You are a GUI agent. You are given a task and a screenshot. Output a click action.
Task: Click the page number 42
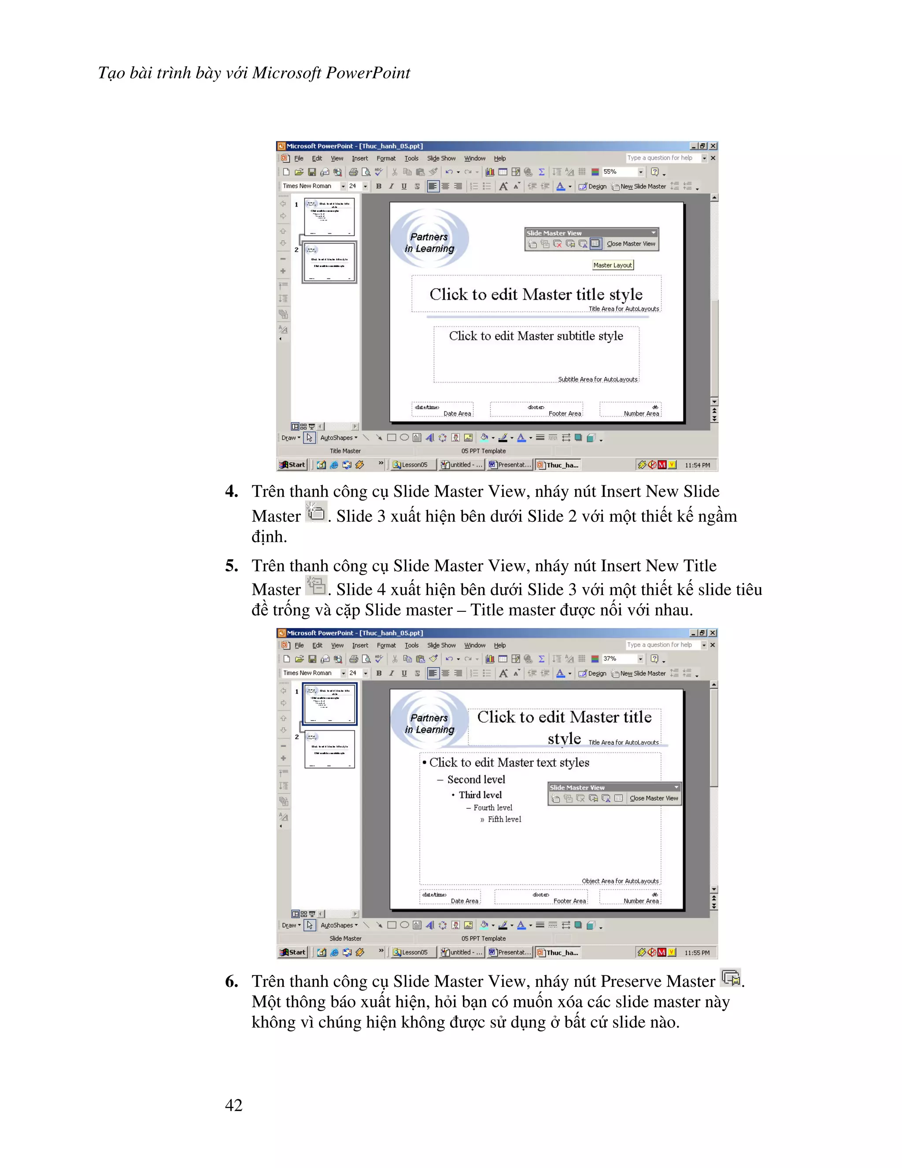[233, 1105]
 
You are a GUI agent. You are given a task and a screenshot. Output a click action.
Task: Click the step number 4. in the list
[231, 491]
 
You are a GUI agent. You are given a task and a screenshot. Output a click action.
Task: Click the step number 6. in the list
[231, 981]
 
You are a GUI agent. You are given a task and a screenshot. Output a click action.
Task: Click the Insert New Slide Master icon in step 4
[316, 512]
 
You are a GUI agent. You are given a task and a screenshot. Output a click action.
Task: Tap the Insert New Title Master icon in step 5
[316, 586]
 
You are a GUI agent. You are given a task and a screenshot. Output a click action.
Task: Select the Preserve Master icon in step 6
[731, 978]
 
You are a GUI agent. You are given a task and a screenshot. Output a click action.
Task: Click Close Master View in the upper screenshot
[631, 244]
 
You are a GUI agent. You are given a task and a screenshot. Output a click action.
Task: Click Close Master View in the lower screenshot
[654, 799]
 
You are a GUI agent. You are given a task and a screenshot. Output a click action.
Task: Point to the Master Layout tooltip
[612, 265]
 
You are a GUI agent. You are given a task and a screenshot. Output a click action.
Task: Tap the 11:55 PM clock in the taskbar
[697, 952]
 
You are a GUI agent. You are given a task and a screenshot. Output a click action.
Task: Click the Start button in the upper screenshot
[293, 465]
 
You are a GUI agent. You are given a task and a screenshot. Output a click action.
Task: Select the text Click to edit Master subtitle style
[536, 336]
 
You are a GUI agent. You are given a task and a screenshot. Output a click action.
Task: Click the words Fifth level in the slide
[504, 819]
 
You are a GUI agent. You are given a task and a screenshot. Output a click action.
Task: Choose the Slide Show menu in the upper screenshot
[441, 158]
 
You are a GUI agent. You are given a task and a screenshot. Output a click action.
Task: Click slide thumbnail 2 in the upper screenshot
[329, 263]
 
